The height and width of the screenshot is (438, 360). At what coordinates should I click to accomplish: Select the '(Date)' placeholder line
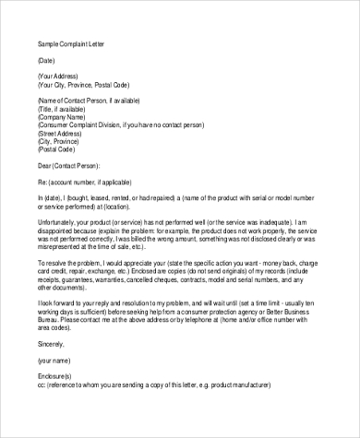[x=47, y=58]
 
